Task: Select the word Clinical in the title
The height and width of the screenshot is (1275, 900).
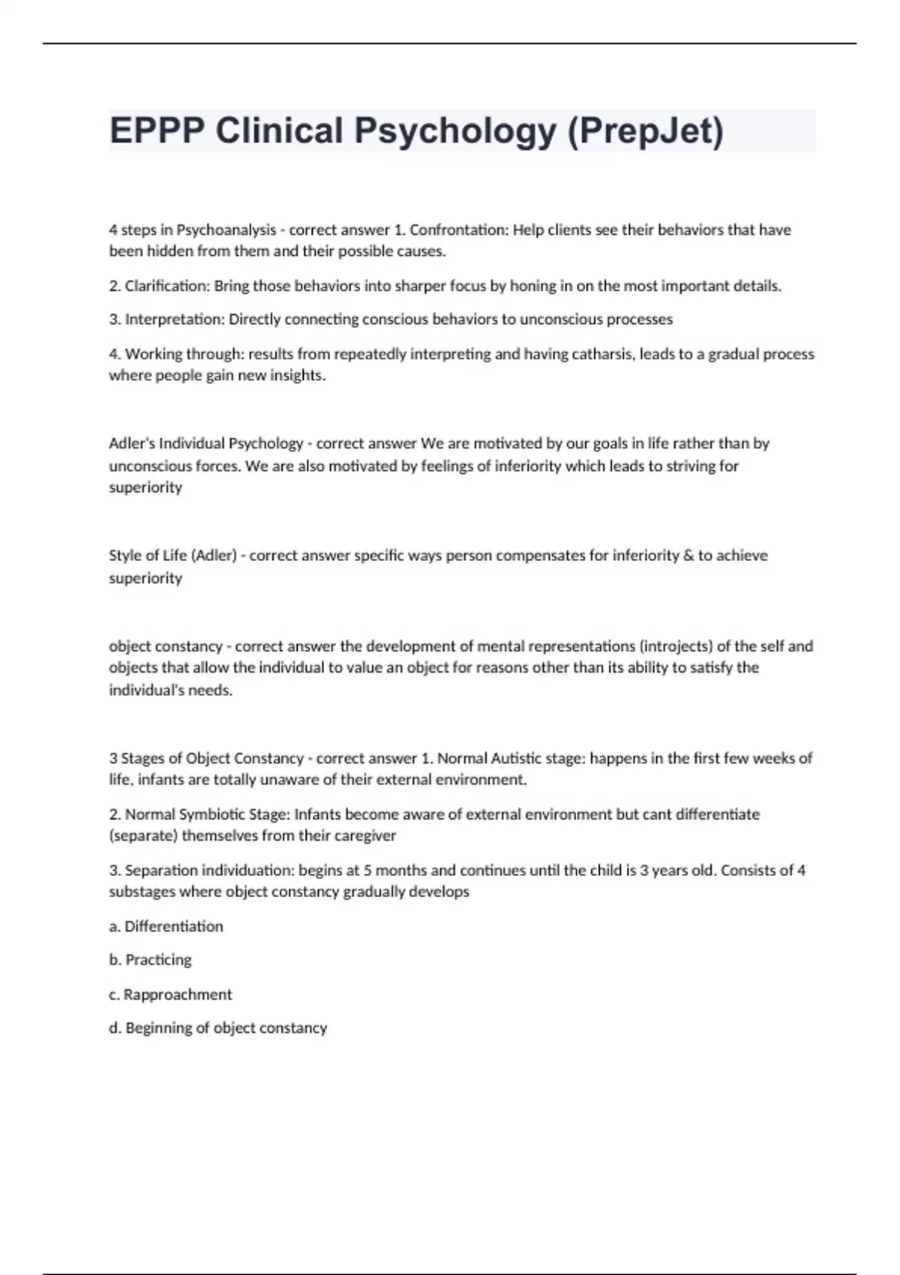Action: tap(279, 130)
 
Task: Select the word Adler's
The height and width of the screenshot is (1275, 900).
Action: tap(132, 443)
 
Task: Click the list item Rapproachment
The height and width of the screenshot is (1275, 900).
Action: tap(178, 994)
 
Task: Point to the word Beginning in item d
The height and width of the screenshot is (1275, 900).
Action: tap(158, 1028)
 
